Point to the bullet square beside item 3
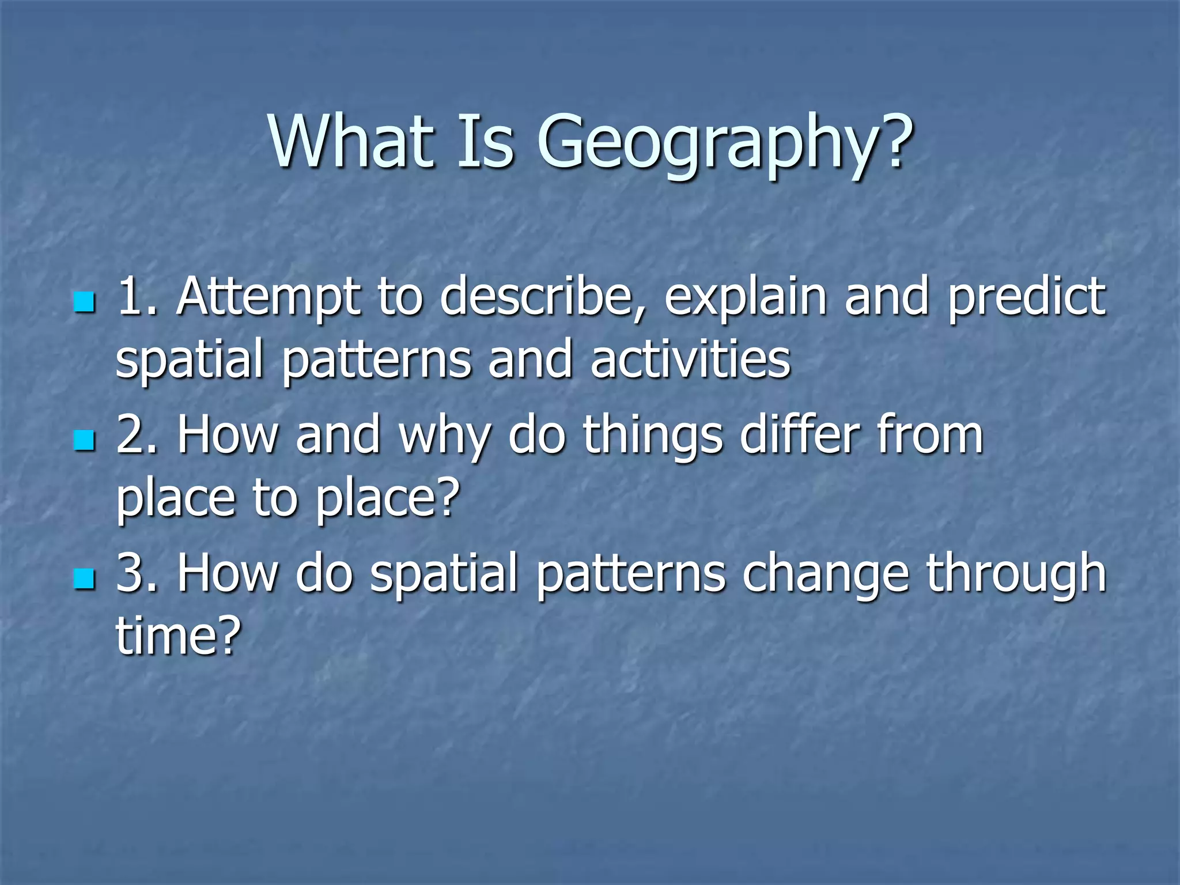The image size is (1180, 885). pos(84,578)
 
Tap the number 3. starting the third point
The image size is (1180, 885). pos(137,573)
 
